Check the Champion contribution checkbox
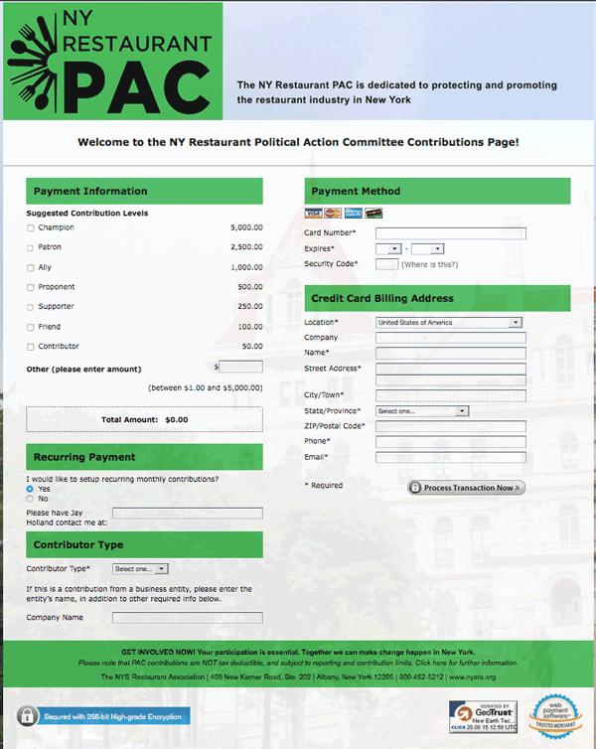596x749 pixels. (x=31, y=228)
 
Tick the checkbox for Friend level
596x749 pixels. (x=31, y=327)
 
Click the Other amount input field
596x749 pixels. (x=240, y=368)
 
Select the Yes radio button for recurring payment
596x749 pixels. (x=30, y=489)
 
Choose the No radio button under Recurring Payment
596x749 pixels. (x=30, y=499)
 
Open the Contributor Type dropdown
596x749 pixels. (x=140, y=569)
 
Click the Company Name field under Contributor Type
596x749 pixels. (x=187, y=618)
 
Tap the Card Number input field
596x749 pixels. (x=450, y=233)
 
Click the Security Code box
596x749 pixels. (x=387, y=264)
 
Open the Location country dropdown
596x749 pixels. (x=449, y=323)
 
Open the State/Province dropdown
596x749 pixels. (x=422, y=411)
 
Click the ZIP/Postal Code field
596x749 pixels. (x=450, y=426)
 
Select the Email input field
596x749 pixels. (x=450, y=457)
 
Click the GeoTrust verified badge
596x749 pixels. (x=483, y=716)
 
